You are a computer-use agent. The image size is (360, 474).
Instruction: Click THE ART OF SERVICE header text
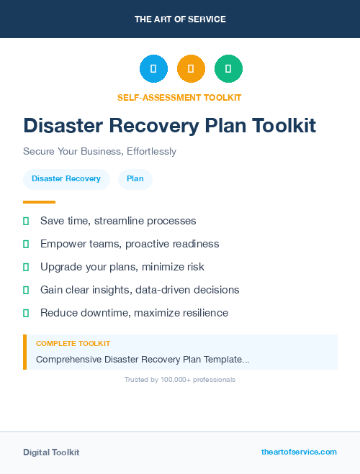180,19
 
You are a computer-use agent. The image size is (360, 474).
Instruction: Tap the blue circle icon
153,69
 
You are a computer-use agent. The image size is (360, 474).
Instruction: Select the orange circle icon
191,69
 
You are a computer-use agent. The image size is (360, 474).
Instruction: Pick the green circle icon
228,69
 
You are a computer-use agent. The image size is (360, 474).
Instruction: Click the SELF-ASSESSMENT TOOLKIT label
179,97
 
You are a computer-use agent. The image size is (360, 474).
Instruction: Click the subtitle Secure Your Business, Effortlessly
99,152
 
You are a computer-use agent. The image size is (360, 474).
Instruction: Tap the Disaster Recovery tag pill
66,178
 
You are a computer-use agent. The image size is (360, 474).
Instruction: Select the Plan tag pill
135,178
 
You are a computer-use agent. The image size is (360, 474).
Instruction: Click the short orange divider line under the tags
39,202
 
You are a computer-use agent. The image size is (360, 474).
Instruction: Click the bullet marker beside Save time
26,221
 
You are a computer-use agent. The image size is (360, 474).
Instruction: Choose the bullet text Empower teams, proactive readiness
130,244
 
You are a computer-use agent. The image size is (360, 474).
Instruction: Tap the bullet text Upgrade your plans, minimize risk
122,267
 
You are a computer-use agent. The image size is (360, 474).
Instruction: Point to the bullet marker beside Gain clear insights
26,290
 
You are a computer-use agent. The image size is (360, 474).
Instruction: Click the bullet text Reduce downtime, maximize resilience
134,313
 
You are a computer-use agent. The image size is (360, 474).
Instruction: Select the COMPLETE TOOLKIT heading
73,344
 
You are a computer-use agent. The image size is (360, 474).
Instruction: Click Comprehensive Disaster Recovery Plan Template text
143,359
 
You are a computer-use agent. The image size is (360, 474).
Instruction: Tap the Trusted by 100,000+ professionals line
180,380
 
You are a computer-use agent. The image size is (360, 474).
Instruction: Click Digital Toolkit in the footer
51,452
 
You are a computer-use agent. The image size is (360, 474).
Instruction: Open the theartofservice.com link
299,452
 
